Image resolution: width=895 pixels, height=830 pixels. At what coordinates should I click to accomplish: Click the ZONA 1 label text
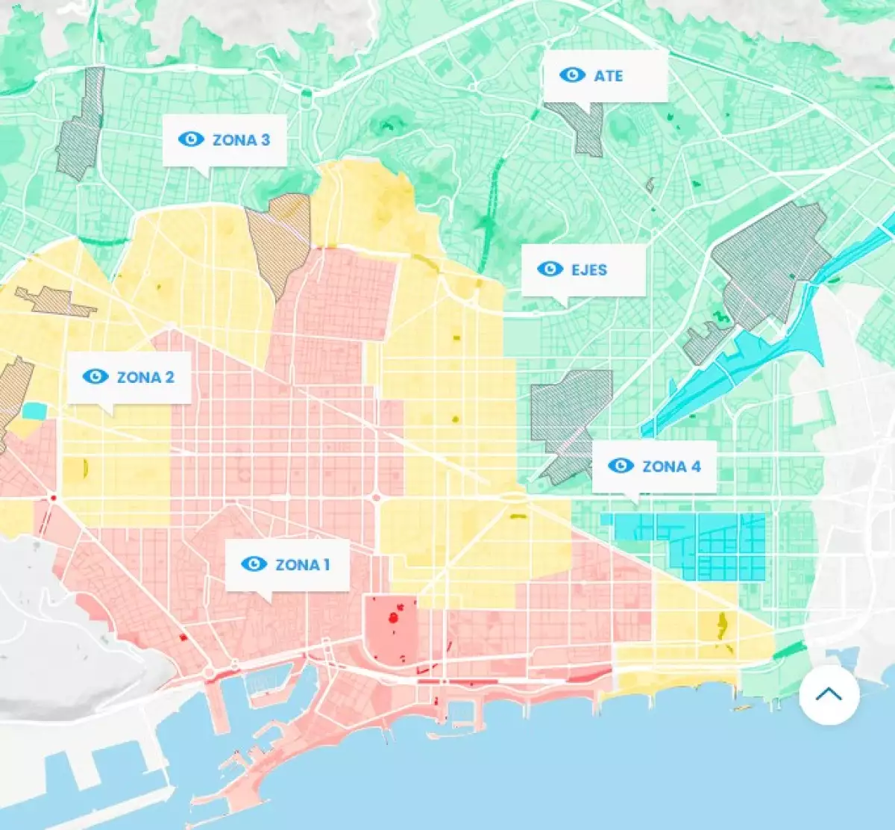[x=302, y=564]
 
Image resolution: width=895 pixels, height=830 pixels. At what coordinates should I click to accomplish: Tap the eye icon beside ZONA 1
[x=254, y=564]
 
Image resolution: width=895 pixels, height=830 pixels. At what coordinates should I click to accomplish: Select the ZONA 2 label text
[x=145, y=377]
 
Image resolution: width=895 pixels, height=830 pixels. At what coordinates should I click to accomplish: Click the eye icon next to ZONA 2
[x=95, y=376]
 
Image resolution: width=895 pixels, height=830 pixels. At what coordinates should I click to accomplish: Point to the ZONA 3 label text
[x=241, y=140]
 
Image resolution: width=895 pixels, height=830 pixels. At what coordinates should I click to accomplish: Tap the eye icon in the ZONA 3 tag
[x=191, y=139]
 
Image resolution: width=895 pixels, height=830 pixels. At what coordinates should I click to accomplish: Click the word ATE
[x=608, y=75]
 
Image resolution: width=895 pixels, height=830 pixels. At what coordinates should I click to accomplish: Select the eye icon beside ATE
[x=572, y=75]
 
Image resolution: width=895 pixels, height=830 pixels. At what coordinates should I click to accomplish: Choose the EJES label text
[x=589, y=269]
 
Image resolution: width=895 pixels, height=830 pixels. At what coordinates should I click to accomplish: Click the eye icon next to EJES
[x=550, y=269]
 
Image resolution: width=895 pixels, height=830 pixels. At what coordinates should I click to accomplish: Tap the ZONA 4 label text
[x=671, y=467]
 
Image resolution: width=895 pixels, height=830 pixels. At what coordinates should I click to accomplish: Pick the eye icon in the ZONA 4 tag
[x=621, y=466]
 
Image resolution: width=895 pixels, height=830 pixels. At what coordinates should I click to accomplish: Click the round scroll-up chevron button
[x=829, y=694]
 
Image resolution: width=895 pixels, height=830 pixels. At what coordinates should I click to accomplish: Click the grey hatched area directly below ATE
[x=586, y=131]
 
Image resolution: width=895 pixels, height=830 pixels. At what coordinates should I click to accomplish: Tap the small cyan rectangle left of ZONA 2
[x=34, y=411]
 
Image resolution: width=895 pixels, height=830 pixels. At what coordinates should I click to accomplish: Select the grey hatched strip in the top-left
[x=81, y=127]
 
